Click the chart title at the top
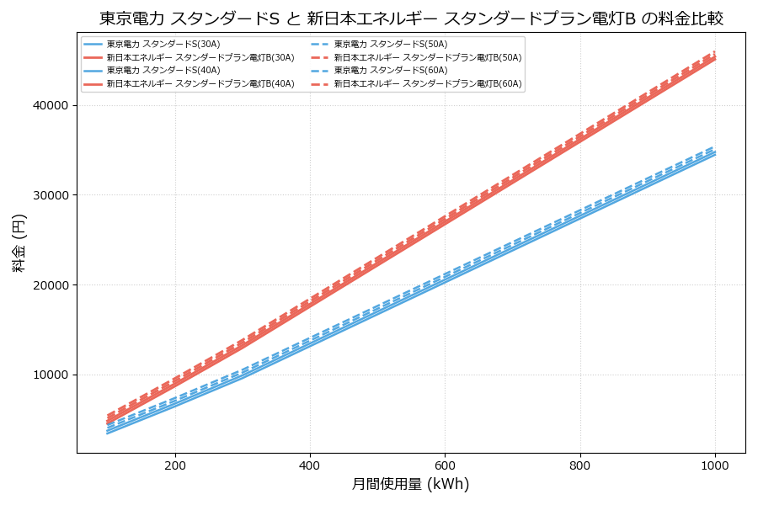tap(411, 19)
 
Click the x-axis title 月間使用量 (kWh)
tap(410, 484)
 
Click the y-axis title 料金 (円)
tap(19, 242)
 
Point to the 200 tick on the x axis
tap(175, 465)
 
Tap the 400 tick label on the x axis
tap(310, 465)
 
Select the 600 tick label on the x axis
tap(445, 465)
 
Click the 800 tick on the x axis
tap(580, 465)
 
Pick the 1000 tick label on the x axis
tap(715, 465)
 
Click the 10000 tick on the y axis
tap(51, 375)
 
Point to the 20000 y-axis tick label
tap(51, 284)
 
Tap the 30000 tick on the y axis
tap(51, 195)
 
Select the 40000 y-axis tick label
tap(51, 105)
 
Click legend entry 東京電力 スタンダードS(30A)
tap(156, 44)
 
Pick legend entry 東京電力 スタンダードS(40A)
tap(156, 71)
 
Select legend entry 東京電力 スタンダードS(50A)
tap(383, 44)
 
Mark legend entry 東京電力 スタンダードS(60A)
tap(383, 71)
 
